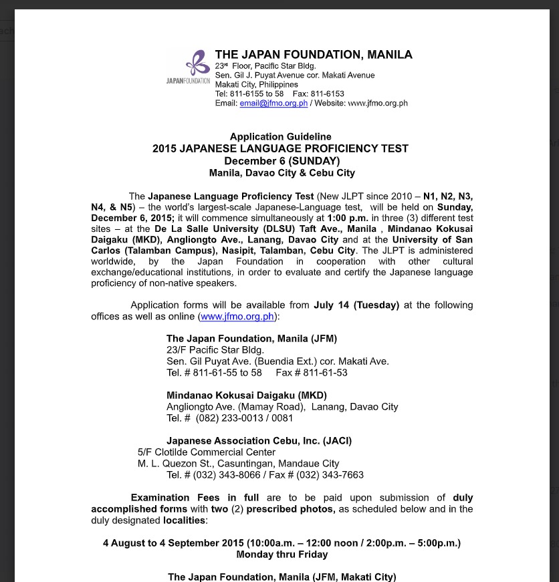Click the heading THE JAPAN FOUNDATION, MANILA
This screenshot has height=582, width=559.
point(314,55)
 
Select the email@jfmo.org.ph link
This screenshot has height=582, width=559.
point(273,104)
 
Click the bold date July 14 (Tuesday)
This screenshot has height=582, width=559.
point(356,305)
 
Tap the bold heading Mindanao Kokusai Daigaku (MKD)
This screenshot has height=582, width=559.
point(246,395)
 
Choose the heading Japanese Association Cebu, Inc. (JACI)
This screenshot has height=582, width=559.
point(259,441)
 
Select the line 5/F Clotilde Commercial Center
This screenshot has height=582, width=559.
point(206,452)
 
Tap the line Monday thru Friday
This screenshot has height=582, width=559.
point(282,554)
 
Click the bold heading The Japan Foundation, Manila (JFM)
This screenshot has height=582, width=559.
point(251,338)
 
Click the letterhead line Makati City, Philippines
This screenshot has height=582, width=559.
point(257,85)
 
